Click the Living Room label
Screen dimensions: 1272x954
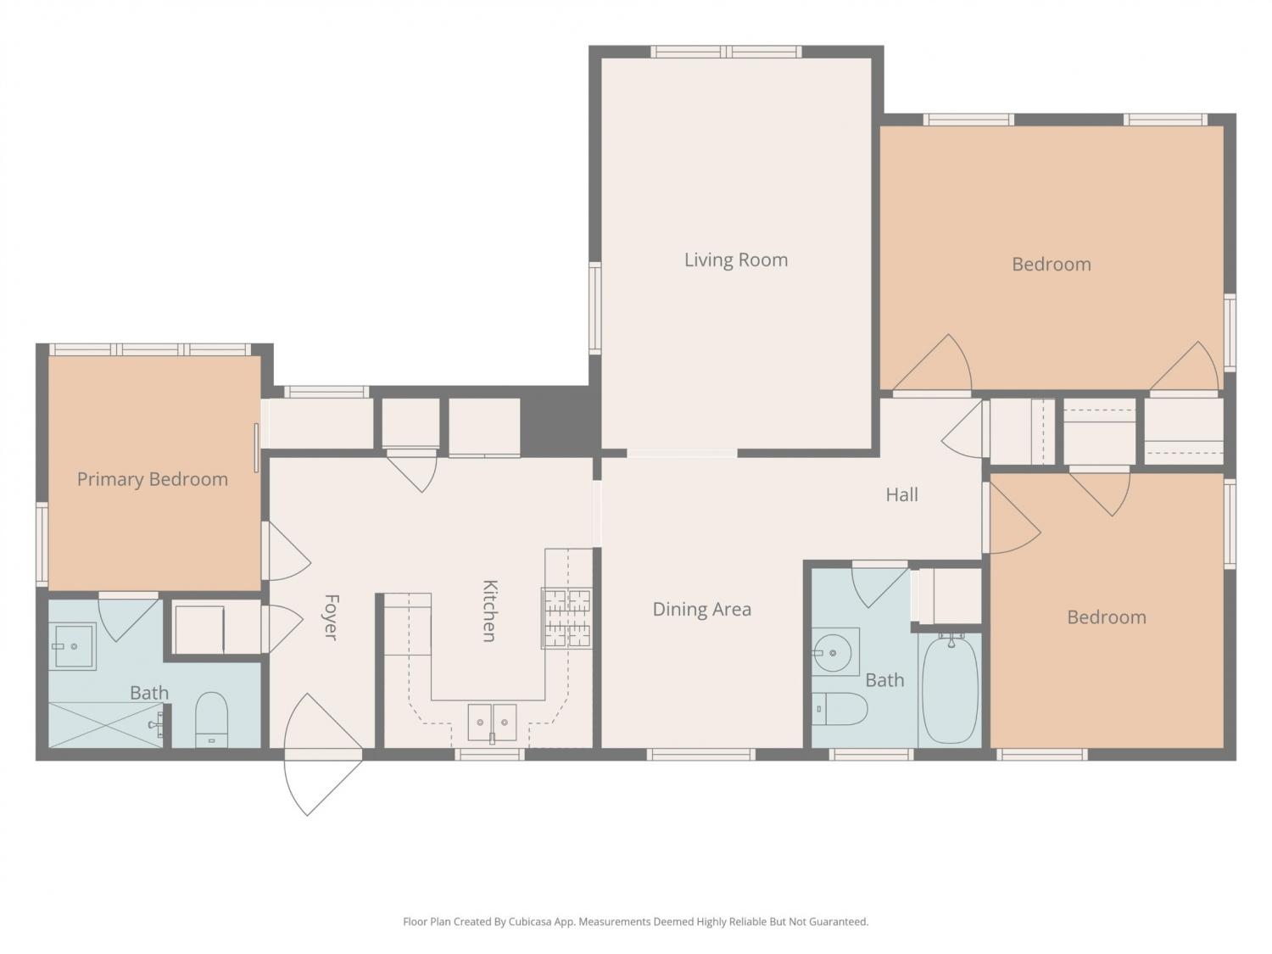coord(736,260)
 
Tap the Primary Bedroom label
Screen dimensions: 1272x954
coord(153,480)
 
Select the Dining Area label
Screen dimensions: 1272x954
coord(702,610)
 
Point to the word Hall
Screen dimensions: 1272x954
coord(901,494)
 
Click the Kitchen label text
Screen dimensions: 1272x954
coord(489,611)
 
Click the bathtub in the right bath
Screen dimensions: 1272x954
coord(951,689)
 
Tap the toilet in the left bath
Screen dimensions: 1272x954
coord(211,719)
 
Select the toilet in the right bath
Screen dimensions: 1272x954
coord(840,708)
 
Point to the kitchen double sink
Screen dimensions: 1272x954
coord(492,722)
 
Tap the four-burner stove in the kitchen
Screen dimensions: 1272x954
coord(566,617)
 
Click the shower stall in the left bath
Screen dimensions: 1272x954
coord(105,725)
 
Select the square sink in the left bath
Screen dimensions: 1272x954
coord(72,646)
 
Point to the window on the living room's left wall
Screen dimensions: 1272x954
coord(594,308)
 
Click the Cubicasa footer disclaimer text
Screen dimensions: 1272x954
coord(636,922)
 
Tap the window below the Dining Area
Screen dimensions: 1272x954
coord(700,754)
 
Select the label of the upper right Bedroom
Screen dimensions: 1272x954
coord(1052,265)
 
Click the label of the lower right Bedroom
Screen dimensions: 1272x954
coord(1107,617)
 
